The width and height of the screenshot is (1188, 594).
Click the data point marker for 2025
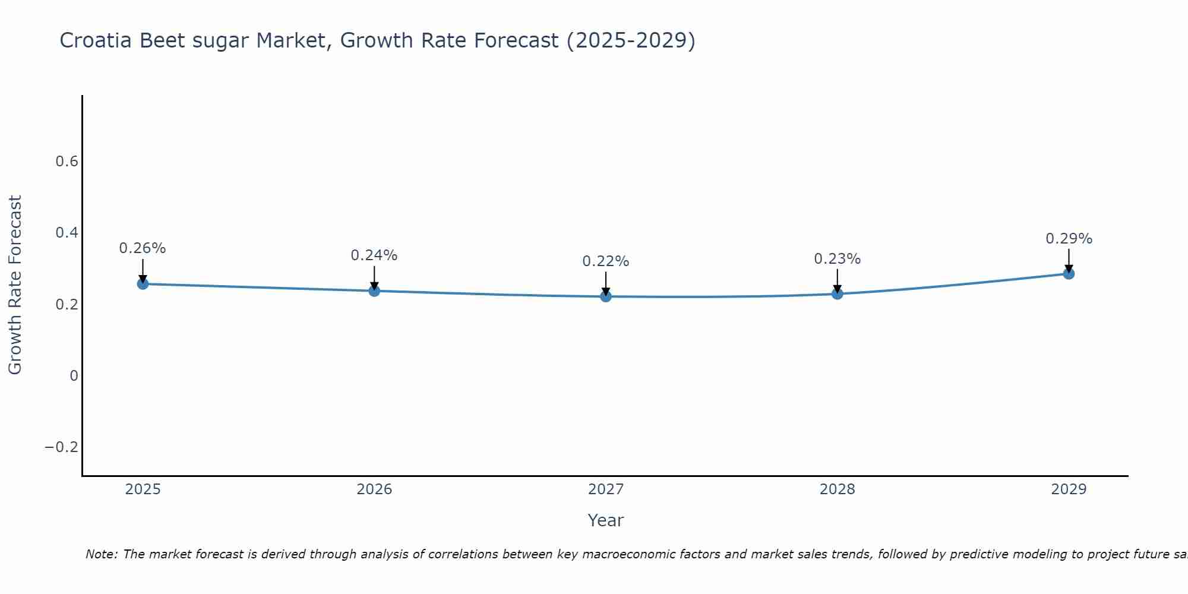coord(143,284)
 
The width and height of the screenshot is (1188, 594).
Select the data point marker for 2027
coord(606,296)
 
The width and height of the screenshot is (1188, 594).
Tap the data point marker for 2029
coord(1069,274)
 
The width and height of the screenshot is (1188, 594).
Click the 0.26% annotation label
coord(143,248)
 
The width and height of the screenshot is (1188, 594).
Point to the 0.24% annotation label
coord(374,255)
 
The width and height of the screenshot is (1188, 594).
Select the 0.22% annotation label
coord(606,261)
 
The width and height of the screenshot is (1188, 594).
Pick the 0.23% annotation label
coord(837,259)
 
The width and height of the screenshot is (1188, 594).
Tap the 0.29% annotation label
coord(1069,239)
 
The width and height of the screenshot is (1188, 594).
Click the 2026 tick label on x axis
coord(374,489)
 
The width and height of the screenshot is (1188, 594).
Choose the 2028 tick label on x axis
coord(837,489)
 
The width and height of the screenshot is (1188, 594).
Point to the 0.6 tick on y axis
coord(67,162)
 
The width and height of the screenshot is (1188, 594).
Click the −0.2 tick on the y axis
coord(61,447)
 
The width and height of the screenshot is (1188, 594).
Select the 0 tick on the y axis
coord(74,375)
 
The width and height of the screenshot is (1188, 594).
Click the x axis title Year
coord(605,520)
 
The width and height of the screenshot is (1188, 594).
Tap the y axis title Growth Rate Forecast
coord(15,285)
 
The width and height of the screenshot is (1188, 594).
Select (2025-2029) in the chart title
coord(631,40)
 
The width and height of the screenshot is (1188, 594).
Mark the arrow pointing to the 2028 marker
coord(837,280)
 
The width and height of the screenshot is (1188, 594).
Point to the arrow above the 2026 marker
coord(374,277)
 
